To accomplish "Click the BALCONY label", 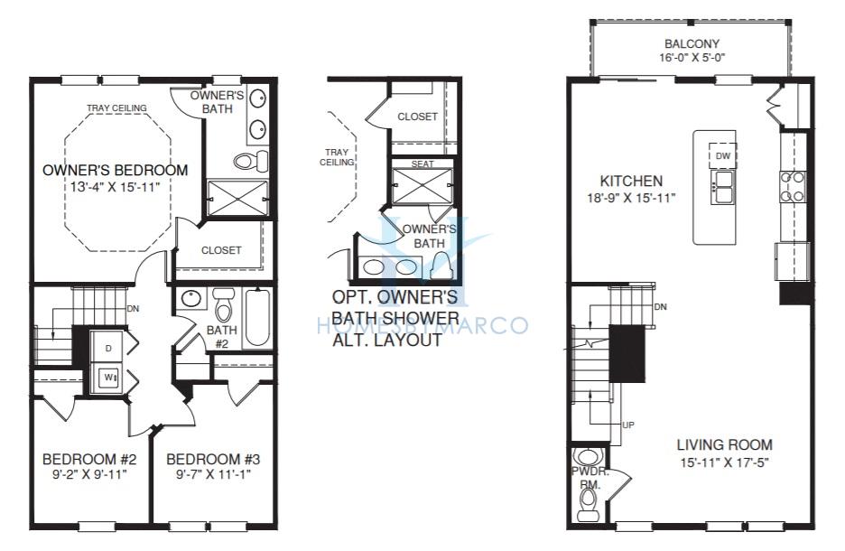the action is (692, 43).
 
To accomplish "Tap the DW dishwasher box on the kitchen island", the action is (722, 155).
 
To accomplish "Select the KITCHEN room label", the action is (631, 181).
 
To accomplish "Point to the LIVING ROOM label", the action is (724, 444).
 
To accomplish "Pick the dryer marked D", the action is (109, 349).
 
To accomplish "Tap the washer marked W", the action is (109, 378).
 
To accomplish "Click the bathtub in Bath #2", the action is (257, 318).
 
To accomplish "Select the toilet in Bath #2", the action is (222, 305).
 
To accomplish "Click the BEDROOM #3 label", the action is (213, 460).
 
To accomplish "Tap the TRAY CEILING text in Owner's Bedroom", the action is (116, 107).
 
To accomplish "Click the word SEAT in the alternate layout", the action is (422, 163).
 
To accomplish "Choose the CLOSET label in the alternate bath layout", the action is (417, 117).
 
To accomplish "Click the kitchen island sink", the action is (722, 187).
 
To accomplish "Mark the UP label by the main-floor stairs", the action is (628, 425).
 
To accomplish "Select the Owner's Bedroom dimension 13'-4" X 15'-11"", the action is (116, 187).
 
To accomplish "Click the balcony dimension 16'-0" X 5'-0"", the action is (692, 58).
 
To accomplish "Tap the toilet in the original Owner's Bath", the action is (251, 161).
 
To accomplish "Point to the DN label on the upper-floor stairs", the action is (133, 309).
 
